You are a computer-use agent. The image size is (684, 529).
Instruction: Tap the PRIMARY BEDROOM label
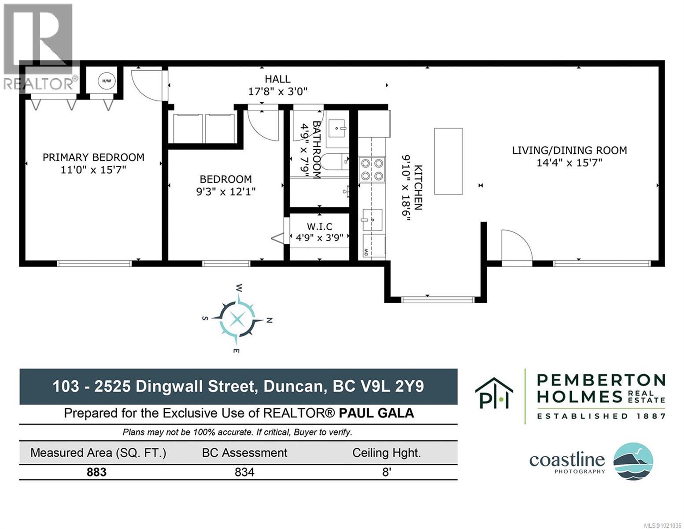(93, 157)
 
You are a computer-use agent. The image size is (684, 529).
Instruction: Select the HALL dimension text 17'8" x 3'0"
(277, 92)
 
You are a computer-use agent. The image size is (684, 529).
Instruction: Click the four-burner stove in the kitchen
(372, 170)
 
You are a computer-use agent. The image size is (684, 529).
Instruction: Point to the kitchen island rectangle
(448, 161)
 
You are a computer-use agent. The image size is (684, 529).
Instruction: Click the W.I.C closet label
(319, 227)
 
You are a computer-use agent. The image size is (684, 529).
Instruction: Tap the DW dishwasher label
(366, 252)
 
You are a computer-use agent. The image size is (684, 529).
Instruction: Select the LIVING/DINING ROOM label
(569, 150)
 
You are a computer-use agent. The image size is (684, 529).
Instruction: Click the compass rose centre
(237, 318)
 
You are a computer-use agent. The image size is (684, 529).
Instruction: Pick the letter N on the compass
(270, 320)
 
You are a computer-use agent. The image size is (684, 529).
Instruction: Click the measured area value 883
(96, 472)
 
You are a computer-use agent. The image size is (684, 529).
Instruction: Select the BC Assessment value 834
(244, 472)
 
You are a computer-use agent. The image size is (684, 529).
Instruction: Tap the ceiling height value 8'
(386, 472)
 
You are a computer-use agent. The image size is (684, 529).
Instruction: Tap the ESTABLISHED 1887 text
(601, 416)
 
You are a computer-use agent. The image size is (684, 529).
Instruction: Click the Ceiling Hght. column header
(386, 453)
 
